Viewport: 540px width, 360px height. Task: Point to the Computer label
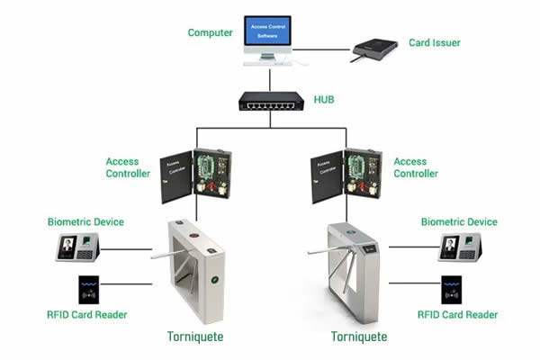(x=210, y=32)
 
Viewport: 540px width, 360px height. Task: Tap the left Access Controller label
(x=128, y=167)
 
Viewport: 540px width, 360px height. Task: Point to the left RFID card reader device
(x=88, y=290)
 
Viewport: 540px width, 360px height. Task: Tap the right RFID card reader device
(x=452, y=291)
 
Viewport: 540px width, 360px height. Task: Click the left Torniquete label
(x=194, y=337)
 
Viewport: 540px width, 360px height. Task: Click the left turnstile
(x=193, y=270)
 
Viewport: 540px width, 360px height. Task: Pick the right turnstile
(x=351, y=270)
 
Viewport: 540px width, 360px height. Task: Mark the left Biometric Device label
(x=85, y=221)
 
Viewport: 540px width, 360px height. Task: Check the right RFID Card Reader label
(x=457, y=315)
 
